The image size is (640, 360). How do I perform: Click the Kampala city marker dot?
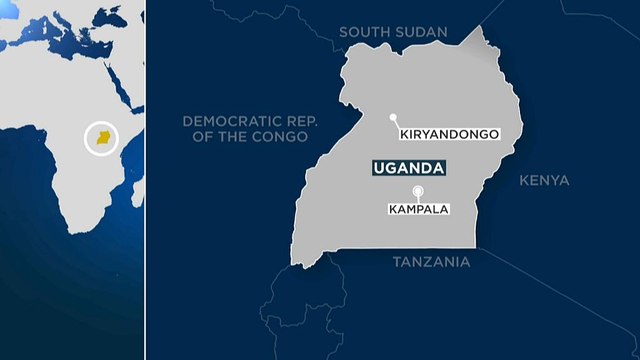pos(418,191)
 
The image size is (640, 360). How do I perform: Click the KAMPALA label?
pos(418,209)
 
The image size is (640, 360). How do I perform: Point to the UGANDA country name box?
pos(408,170)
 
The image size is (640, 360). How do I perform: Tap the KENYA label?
pos(544,181)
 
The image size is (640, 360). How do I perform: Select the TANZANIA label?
pos(430,261)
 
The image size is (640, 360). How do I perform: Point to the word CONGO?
pos(282,137)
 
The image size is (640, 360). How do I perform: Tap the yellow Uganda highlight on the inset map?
pos(102,140)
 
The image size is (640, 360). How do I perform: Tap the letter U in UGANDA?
pos(376,170)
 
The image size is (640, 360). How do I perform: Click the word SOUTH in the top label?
pos(361,32)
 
